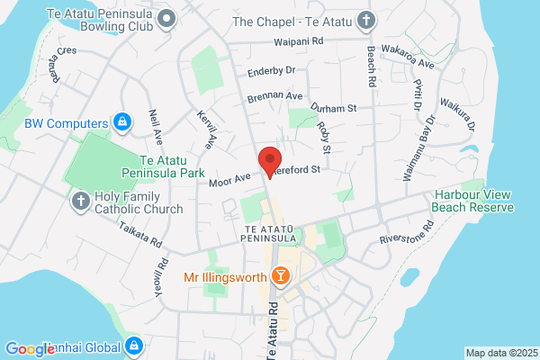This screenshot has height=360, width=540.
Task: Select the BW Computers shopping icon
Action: [x=123, y=121]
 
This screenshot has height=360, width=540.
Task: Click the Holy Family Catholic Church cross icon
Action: [x=80, y=201]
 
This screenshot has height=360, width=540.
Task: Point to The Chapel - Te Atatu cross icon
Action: [x=365, y=20]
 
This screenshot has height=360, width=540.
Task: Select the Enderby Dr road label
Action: [x=271, y=69]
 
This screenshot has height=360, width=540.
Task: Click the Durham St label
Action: [x=334, y=108]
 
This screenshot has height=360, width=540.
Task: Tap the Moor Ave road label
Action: [x=229, y=180]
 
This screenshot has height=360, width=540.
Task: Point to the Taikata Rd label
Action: [x=137, y=236]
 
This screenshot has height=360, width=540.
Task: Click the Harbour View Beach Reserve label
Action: [x=473, y=201]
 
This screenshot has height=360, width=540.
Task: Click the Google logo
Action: [x=30, y=348]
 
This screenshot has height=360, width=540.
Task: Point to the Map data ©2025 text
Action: [x=499, y=352]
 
